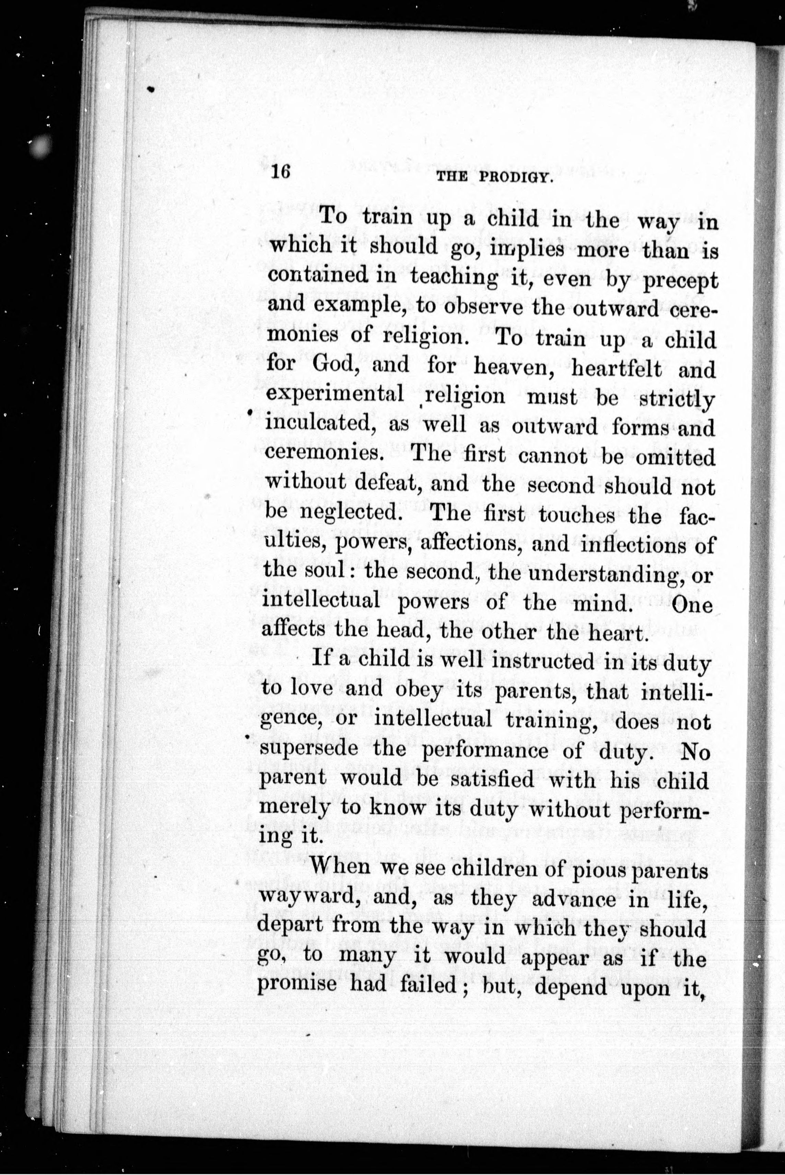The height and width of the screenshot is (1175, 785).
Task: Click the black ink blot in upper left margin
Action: point(151,89)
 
